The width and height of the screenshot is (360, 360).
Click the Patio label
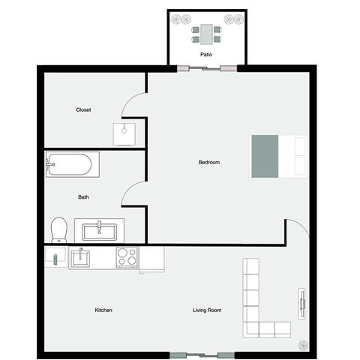[205, 55]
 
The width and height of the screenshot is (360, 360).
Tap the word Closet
[83, 110]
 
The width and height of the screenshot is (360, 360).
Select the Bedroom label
[208, 163]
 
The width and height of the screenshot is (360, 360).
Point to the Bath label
[84, 198]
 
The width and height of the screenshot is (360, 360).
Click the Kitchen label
[103, 310]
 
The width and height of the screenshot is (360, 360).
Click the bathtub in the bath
[72, 164]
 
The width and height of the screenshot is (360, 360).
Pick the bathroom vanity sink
[98, 228]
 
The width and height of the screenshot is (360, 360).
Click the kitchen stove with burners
[127, 258]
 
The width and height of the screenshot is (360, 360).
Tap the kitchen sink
[81, 259]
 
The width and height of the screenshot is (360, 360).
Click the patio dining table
[206, 34]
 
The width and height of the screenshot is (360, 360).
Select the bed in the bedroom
[278, 156]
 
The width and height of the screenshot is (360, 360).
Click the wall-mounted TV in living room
[303, 304]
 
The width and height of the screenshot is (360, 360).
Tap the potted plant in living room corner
[303, 343]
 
